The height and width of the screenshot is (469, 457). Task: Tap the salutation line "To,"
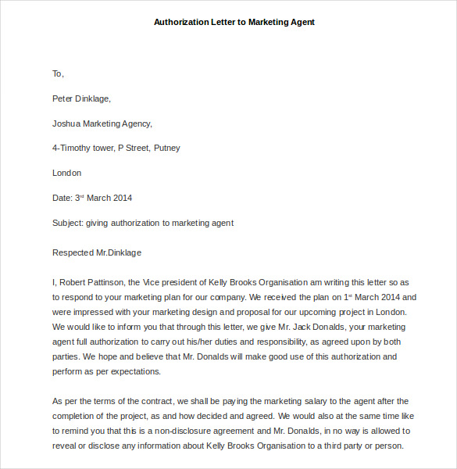(58, 73)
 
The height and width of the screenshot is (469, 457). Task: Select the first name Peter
(62, 98)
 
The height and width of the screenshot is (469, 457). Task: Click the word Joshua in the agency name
(66, 124)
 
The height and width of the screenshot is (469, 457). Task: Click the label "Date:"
(62, 198)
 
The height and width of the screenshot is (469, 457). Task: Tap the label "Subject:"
(68, 223)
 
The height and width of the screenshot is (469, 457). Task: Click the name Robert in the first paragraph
(75, 282)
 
